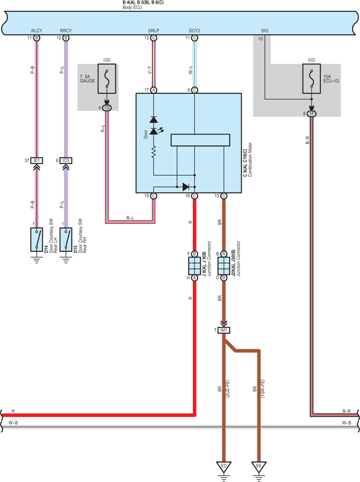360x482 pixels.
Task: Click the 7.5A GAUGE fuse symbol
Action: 107,79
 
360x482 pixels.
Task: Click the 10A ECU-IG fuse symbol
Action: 311,79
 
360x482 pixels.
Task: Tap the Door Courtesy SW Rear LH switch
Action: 36,240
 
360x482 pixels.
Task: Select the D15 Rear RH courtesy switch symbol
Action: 66,240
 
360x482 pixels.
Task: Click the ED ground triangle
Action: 223,467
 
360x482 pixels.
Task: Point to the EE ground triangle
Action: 259,467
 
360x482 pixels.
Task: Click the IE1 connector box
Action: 36,161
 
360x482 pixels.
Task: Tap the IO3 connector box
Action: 66,161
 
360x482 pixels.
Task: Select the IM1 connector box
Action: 223,330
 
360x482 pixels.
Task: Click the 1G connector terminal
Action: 107,108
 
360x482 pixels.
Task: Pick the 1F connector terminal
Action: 311,114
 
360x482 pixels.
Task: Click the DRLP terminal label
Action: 153,31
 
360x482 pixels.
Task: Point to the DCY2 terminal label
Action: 195,31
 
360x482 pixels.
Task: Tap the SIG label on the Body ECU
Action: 264,31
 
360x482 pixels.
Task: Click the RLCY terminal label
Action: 36,31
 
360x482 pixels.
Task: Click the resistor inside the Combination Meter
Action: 154,152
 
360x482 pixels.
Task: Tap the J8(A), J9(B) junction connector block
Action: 195,266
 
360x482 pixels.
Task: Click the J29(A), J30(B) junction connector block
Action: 223,266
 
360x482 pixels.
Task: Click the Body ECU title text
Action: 132,7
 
